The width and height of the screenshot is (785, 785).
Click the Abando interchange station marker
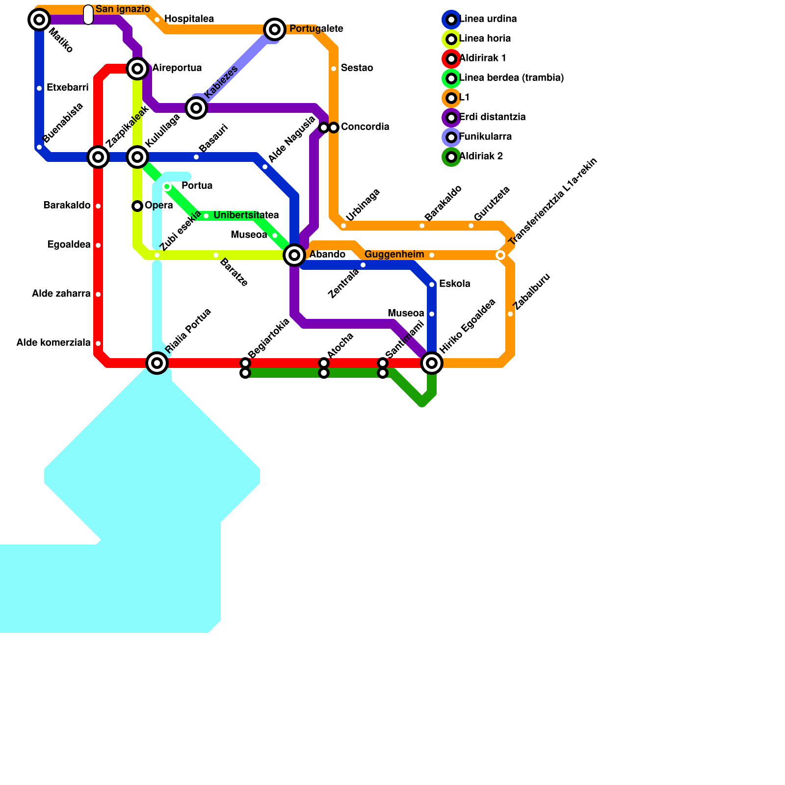(294, 255)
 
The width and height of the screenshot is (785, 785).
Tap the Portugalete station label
(316, 29)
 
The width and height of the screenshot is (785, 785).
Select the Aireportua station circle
(137, 69)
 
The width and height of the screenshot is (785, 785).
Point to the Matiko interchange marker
(39, 20)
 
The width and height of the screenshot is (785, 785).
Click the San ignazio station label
(123, 9)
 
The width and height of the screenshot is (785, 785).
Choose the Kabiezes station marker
(196, 107)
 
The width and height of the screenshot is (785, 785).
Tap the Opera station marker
(137, 206)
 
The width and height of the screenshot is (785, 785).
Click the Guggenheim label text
(394, 255)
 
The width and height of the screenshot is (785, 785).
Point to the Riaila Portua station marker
(157, 363)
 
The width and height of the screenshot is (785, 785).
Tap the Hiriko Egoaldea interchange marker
(432, 363)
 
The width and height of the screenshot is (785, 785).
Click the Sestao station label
(357, 68)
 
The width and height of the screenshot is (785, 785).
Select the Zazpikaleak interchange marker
(98, 157)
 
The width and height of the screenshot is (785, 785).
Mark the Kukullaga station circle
(137, 157)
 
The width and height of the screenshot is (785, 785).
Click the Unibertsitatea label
(246, 215)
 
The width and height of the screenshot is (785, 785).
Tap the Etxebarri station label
(67, 88)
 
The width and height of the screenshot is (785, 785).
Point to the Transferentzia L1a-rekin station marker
(500, 255)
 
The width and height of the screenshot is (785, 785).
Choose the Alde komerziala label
(53, 343)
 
